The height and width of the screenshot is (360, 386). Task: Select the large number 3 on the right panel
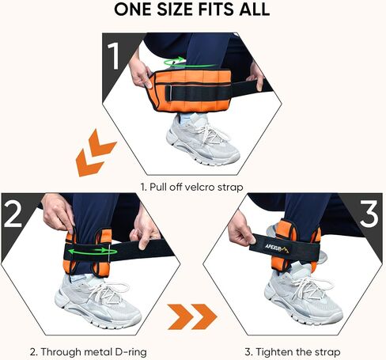[x=369, y=214]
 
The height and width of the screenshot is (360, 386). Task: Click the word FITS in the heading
[x=216, y=9]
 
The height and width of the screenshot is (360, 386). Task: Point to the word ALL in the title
[x=254, y=9]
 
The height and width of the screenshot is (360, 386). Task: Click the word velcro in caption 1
[x=200, y=188]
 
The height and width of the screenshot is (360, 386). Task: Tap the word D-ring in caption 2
[x=131, y=352]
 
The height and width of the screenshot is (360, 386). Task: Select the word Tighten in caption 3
[x=274, y=352]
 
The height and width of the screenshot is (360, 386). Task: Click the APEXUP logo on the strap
[x=277, y=248]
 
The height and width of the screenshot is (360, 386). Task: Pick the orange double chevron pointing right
[x=192, y=316]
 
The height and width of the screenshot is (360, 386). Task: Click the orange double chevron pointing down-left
[x=95, y=153]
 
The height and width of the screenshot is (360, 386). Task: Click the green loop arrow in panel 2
[x=91, y=252]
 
